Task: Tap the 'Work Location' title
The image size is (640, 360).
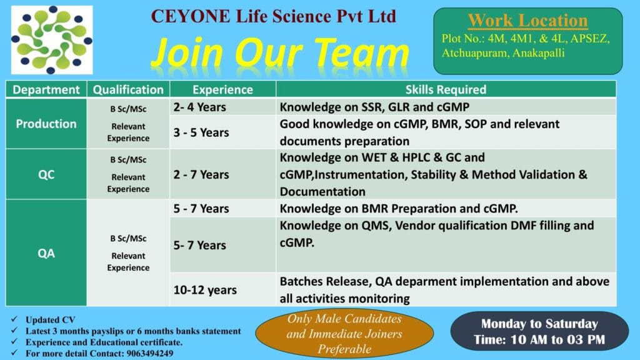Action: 527,21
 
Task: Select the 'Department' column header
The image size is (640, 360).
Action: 46,89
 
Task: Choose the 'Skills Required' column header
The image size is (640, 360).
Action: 446,89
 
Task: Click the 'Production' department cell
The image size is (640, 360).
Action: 46,123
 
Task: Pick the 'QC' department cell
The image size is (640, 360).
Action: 46,174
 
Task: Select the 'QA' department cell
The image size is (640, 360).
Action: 46,253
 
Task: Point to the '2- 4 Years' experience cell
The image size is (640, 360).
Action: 200,107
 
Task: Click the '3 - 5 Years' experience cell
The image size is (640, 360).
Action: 202,132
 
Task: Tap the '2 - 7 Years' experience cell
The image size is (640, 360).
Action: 202,174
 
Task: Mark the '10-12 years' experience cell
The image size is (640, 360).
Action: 205,290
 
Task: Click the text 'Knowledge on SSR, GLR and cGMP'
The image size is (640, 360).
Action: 374,107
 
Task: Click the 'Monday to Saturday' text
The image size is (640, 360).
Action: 539,324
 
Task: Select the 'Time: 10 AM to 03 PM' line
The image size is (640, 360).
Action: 539,340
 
